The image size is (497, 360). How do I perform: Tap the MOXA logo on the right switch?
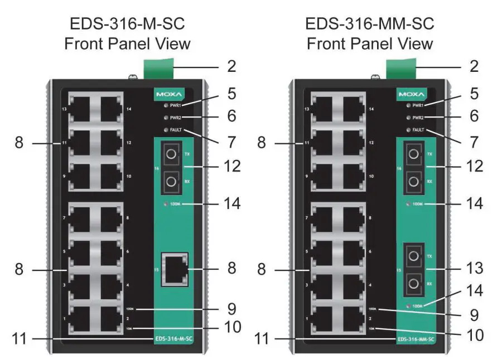click(x=412, y=94)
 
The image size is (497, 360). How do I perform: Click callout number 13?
click(x=474, y=269)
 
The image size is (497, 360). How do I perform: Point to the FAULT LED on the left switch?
click(x=166, y=130)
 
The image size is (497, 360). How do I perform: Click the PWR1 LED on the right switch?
click(x=409, y=105)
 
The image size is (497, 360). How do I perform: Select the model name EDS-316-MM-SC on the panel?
click(x=416, y=338)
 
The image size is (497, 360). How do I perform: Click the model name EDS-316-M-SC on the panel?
click(x=173, y=338)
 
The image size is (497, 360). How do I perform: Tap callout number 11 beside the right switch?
click(x=263, y=338)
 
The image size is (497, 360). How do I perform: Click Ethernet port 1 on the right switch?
click(x=325, y=320)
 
